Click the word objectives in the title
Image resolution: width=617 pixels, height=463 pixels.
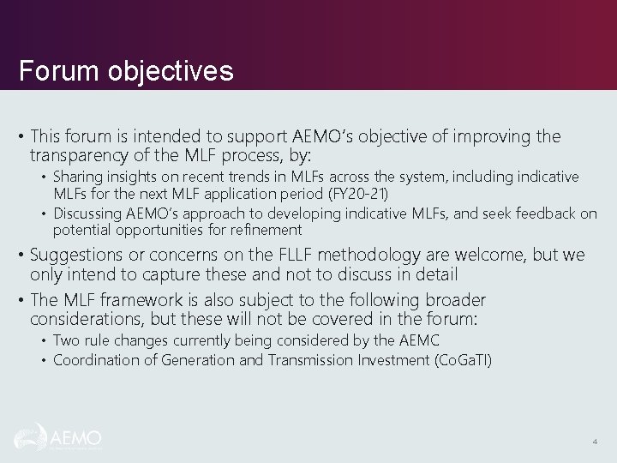coord(171,70)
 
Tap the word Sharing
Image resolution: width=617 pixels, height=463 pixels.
coord(78,177)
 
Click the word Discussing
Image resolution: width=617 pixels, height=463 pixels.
coord(90,213)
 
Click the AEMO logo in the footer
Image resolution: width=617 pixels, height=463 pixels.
coord(58,437)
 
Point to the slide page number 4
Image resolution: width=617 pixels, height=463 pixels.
coord(595,442)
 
